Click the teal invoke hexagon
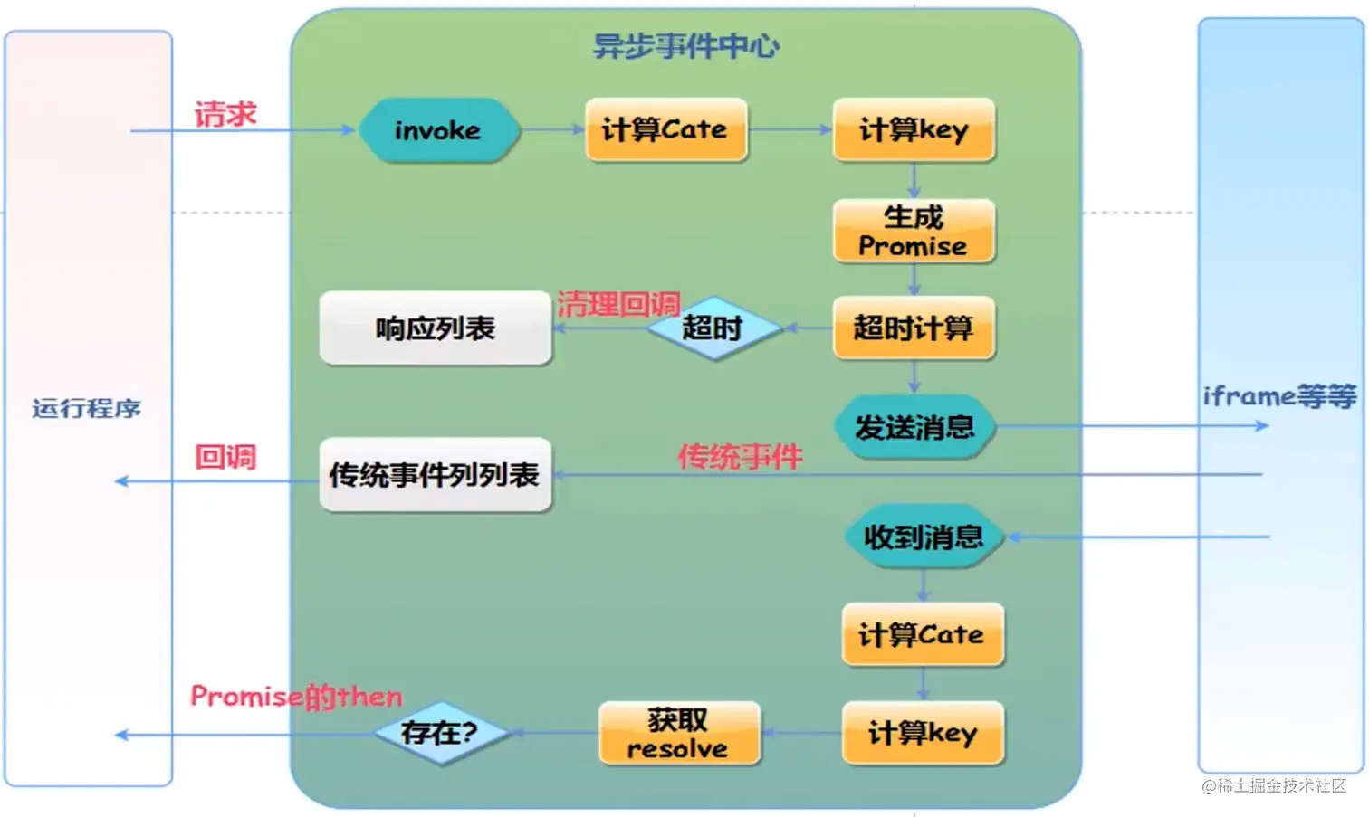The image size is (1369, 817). pos(439,130)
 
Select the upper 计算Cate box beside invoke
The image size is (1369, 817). pos(665,130)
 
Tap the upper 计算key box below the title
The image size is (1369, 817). pos(914,130)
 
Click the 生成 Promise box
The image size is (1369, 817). pos(914,232)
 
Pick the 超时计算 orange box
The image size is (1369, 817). pos(914,328)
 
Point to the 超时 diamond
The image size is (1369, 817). pos(713,328)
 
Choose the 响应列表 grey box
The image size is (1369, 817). pos(436,328)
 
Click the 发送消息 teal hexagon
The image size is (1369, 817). pos(914,426)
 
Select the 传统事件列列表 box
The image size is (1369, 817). pos(436,475)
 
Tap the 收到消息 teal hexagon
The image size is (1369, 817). pos(924,537)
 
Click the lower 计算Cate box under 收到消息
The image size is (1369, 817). pos(922,634)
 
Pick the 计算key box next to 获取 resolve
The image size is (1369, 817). pos(923,733)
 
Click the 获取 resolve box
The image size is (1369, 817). pos(678,734)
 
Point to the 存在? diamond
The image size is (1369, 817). pos(441,733)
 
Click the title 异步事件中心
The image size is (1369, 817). pos(685,45)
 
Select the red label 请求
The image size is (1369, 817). pos(225,114)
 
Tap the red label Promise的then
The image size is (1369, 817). pos(296,696)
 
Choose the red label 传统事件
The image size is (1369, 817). pos(741,456)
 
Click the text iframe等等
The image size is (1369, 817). pos(1279,396)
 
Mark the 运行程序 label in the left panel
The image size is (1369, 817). pos(87,409)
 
